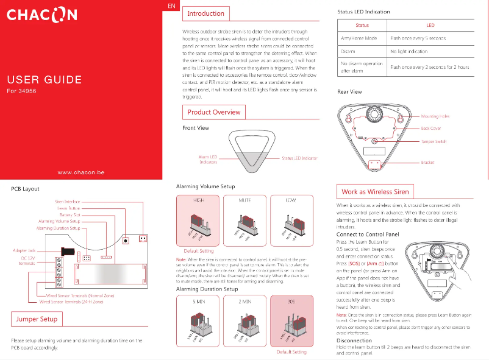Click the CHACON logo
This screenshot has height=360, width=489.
point(41,15)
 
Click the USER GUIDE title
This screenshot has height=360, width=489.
point(44,80)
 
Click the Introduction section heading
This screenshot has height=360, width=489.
point(205,13)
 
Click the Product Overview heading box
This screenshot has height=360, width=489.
point(213,112)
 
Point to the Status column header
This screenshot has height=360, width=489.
point(362,26)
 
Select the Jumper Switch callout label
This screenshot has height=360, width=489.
point(434,141)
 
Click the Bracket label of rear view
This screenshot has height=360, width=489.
point(427,163)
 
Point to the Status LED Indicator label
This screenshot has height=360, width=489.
point(299,158)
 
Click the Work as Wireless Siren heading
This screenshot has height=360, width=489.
point(375,191)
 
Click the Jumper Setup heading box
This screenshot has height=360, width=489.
point(36,319)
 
